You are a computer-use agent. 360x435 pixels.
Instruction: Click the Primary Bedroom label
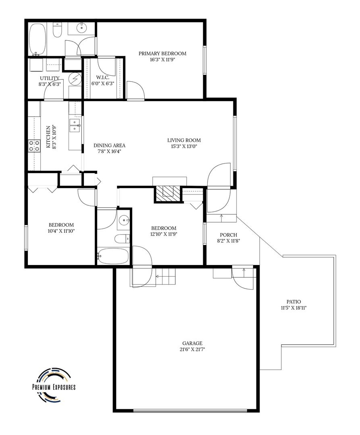tap(162, 53)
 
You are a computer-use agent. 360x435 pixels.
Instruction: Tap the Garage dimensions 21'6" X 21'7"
tap(192, 349)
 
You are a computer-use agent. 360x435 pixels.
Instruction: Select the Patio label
tap(293, 302)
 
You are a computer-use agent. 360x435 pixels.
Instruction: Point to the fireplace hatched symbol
tap(168, 194)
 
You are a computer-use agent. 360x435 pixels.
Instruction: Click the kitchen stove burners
tap(34, 146)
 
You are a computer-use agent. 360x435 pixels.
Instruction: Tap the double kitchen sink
tap(75, 125)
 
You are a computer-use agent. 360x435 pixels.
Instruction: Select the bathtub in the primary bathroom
tap(37, 39)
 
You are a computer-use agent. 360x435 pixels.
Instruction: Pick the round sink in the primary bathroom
tap(81, 28)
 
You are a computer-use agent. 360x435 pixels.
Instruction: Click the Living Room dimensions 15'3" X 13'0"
tap(184, 146)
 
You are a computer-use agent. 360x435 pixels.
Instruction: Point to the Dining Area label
tap(109, 145)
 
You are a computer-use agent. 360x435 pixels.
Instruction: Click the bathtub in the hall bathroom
tap(113, 256)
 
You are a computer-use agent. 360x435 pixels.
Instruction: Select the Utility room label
tap(50, 78)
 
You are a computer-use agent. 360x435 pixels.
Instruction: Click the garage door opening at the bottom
tap(190, 411)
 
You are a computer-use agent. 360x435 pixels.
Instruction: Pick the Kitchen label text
tap(48, 137)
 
